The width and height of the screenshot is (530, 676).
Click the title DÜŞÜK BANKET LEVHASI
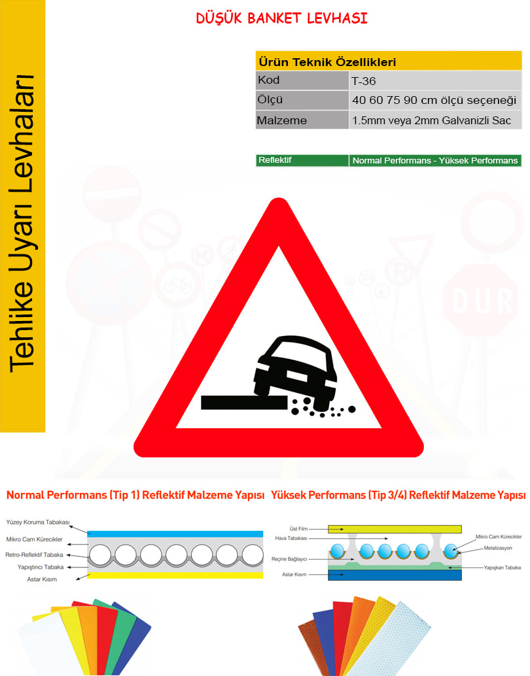pyautogui.click(x=281, y=18)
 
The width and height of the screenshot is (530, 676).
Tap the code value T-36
pyautogui.click(x=363, y=81)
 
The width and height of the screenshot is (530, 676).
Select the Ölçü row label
pyautogui.click(x=270, y=100)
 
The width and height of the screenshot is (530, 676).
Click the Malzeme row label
pyautogui.click(x=282, y=120)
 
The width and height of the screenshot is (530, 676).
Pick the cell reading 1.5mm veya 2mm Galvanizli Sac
pyautogui.click(x=432, y=120)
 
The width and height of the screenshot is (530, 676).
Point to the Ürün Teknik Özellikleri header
pyautogui.click(x=327, y=62)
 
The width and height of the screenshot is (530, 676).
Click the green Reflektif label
pyautogui.click(x=275, y=160)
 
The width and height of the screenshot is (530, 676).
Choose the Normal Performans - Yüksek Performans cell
pyautogui.click(x=435, y=160)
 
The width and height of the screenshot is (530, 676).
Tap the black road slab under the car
pyautogui.click(x=244, y=402)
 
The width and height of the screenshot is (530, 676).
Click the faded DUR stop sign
pyautogui.click(x=480, y=300)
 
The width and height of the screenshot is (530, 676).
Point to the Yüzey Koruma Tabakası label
pyautogui.click(x=38, y=522)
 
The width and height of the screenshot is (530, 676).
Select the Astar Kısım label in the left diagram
pyautogui.click(x=42, y=579)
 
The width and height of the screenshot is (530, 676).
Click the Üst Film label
pyautogui.click(x=298, y=528)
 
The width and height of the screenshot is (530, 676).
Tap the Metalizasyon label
pyautogui.click(x=498, y=548)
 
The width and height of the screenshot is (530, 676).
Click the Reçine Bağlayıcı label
pyautogui.click(x=289, y=559)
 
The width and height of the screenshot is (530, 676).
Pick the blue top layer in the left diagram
pyautogui.click(x=175, y=533)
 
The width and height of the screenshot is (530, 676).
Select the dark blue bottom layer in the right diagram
pyautogui.click(x=395, y=575)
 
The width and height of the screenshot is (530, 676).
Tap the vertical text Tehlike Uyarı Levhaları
pyautogui.click(x=22, y=224)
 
